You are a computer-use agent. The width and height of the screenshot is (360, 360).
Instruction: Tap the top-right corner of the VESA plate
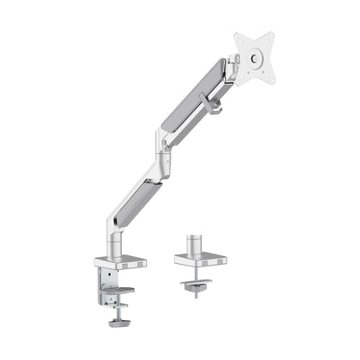pos(273,35)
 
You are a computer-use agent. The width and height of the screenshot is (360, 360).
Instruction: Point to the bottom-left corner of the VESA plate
pos(238,83)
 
